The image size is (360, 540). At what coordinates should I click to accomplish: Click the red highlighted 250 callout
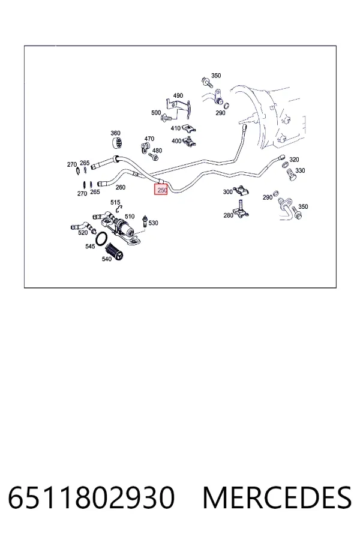click(161, 190)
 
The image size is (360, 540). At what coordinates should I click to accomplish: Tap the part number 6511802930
click(91, 498)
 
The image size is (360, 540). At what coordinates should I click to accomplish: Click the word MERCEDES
click(277, 498)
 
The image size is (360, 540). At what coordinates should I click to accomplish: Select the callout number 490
click(178, 95)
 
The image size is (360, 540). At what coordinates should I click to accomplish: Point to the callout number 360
click(115, 133)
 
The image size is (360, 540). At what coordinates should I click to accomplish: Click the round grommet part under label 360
click(118, 143)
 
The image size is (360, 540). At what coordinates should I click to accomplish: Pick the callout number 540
click(107, 259)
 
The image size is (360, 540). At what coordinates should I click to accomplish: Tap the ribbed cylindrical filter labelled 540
click(115, 251)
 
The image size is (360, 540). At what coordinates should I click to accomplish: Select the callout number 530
click(154, 223)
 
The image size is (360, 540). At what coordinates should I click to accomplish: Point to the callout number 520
click(83, 232)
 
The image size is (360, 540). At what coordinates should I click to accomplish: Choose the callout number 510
click(130, 216)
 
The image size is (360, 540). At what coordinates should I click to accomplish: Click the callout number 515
click(115, 202)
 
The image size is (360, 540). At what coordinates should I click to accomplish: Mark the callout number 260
click(121, 187)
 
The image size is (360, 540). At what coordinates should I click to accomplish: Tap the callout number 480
click(157, 151)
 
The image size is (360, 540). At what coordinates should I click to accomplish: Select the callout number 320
click(294, 160)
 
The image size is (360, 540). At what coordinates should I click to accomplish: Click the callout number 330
click(300, 170)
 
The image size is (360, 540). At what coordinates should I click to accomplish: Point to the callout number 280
click(229, 215)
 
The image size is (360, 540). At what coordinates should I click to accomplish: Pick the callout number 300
click(228, 191)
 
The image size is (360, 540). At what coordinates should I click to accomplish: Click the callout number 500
click(156, 113)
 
